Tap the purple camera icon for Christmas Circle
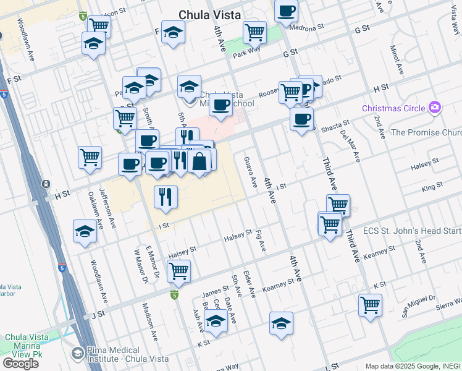pyautogui.click(x=435, y=108)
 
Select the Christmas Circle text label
pyautogui.click(x=393, y=109)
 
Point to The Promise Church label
pyautogui.click(x=426, y=132)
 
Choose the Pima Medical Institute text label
pyautogui.click(x=123, y=355)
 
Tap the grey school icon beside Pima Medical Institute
pyautogui.click(x=77, y=353)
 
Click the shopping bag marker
pyautogui.click(x=199, y=162)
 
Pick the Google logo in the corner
pyautogui.click(x=20, y=363)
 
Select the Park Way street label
pyautogui.click(x=245, y=53)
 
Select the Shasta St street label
pyautogui.click(x=335, y=126)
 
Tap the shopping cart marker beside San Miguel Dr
pyautogui.click(x=370, y=304)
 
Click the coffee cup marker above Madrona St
pyautogui.click(x=286, y=11)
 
